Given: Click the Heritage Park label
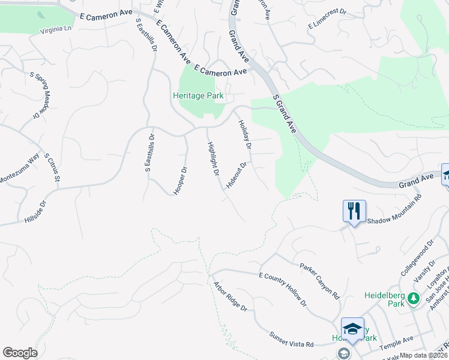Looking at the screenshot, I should coord(198,95).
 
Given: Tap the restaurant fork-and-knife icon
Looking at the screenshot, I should coord(354,211).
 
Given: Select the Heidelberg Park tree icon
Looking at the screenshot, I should coord(413,298).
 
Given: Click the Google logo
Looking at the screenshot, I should coord(20,353).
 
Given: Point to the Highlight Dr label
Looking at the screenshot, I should coord(212,158).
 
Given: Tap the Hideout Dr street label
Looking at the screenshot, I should coord(236,175).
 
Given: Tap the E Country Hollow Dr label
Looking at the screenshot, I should coord(282,288).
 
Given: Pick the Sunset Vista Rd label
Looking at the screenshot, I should coord(291,340).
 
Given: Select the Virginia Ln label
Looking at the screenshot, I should coord(56,29).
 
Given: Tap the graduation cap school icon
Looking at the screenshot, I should coord(352,328).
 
